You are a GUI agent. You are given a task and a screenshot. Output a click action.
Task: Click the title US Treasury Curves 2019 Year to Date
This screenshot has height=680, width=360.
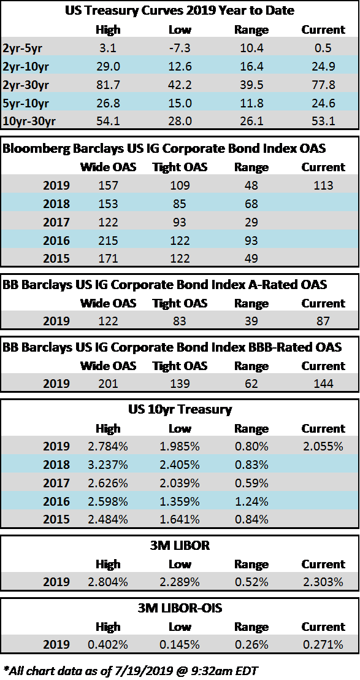click(180, 10)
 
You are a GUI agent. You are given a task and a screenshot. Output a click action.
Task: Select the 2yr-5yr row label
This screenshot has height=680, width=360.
click(23, 48)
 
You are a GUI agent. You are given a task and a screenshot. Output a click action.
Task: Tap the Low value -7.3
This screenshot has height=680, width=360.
click(180, 48)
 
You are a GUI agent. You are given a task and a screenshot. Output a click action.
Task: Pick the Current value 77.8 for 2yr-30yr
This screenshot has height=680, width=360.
click(323, 84)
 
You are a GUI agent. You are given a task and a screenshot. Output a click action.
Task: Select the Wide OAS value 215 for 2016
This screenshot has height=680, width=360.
click(108, 240)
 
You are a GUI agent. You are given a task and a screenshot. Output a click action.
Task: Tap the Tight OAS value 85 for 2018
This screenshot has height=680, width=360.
click(180, 204)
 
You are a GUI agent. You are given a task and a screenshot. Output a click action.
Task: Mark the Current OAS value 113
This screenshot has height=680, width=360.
click(323, 185)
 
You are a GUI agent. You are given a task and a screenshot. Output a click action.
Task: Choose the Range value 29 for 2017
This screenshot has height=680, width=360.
click(251, 222)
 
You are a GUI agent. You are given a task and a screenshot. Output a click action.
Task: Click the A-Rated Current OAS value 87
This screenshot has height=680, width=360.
click(323, 321)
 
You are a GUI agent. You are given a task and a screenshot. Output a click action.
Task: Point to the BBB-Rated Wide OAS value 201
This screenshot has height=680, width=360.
click(108, 384)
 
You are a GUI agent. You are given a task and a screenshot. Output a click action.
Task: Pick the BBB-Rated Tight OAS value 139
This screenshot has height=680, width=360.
click(180, 384)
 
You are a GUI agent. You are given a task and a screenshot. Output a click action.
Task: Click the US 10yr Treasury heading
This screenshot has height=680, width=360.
click(180, 409)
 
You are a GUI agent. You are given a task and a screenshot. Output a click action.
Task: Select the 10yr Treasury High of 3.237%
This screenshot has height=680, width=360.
click(108, 465)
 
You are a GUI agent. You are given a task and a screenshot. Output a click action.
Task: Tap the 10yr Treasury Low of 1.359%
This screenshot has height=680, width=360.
click(180, 501)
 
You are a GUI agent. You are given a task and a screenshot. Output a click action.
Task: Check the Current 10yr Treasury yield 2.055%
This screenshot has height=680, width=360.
click(323, 446)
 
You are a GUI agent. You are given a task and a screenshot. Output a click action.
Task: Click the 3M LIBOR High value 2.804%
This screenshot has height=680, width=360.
click(108, 582)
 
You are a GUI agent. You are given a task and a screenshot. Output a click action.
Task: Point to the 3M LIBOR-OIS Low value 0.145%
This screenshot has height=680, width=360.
click(180, 644)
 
